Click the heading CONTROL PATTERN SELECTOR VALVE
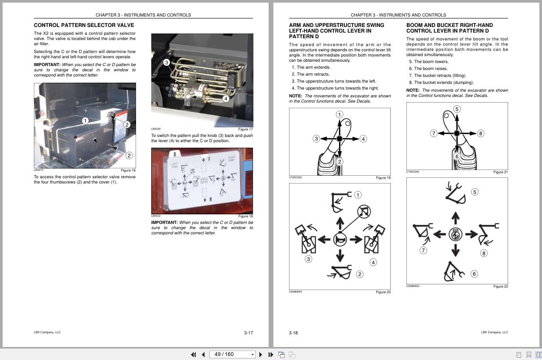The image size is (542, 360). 84,25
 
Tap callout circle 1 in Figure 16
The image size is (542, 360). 85,121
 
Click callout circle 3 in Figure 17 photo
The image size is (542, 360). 166,63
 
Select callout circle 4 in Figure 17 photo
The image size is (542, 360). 226,99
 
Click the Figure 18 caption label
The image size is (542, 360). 245,216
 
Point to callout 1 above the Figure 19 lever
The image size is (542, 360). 339,115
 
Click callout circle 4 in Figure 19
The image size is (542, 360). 363,139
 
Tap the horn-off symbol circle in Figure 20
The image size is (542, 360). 364,212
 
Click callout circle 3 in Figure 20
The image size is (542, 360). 308,259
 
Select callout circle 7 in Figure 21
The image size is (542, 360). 433,133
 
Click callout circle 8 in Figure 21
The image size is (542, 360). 480,133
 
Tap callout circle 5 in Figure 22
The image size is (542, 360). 475,192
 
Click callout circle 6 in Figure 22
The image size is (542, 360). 474,274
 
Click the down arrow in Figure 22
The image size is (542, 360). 455,250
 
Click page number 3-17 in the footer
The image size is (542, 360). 248,333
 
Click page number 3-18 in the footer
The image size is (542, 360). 293,333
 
